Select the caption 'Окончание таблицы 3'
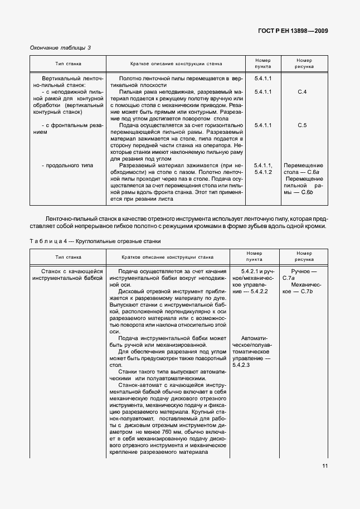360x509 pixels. click(60, 47)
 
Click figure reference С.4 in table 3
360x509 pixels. click(303, 91)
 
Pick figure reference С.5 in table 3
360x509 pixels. click(303, 125)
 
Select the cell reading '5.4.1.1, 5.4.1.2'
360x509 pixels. click(262, 169)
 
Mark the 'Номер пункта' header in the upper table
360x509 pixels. click(262, 63)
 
